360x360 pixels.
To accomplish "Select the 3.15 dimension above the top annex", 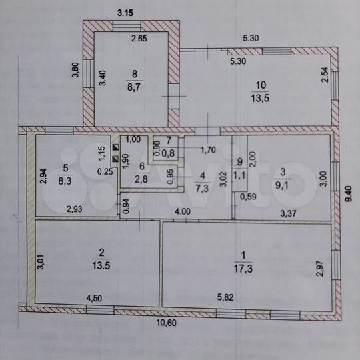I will point(127,11).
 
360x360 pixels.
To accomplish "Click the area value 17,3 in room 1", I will point(244,268).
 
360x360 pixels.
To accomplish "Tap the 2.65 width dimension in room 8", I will point(139,39).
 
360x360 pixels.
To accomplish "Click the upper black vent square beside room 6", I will point(115,148).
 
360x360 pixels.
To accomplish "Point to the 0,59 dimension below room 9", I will point(248,196).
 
